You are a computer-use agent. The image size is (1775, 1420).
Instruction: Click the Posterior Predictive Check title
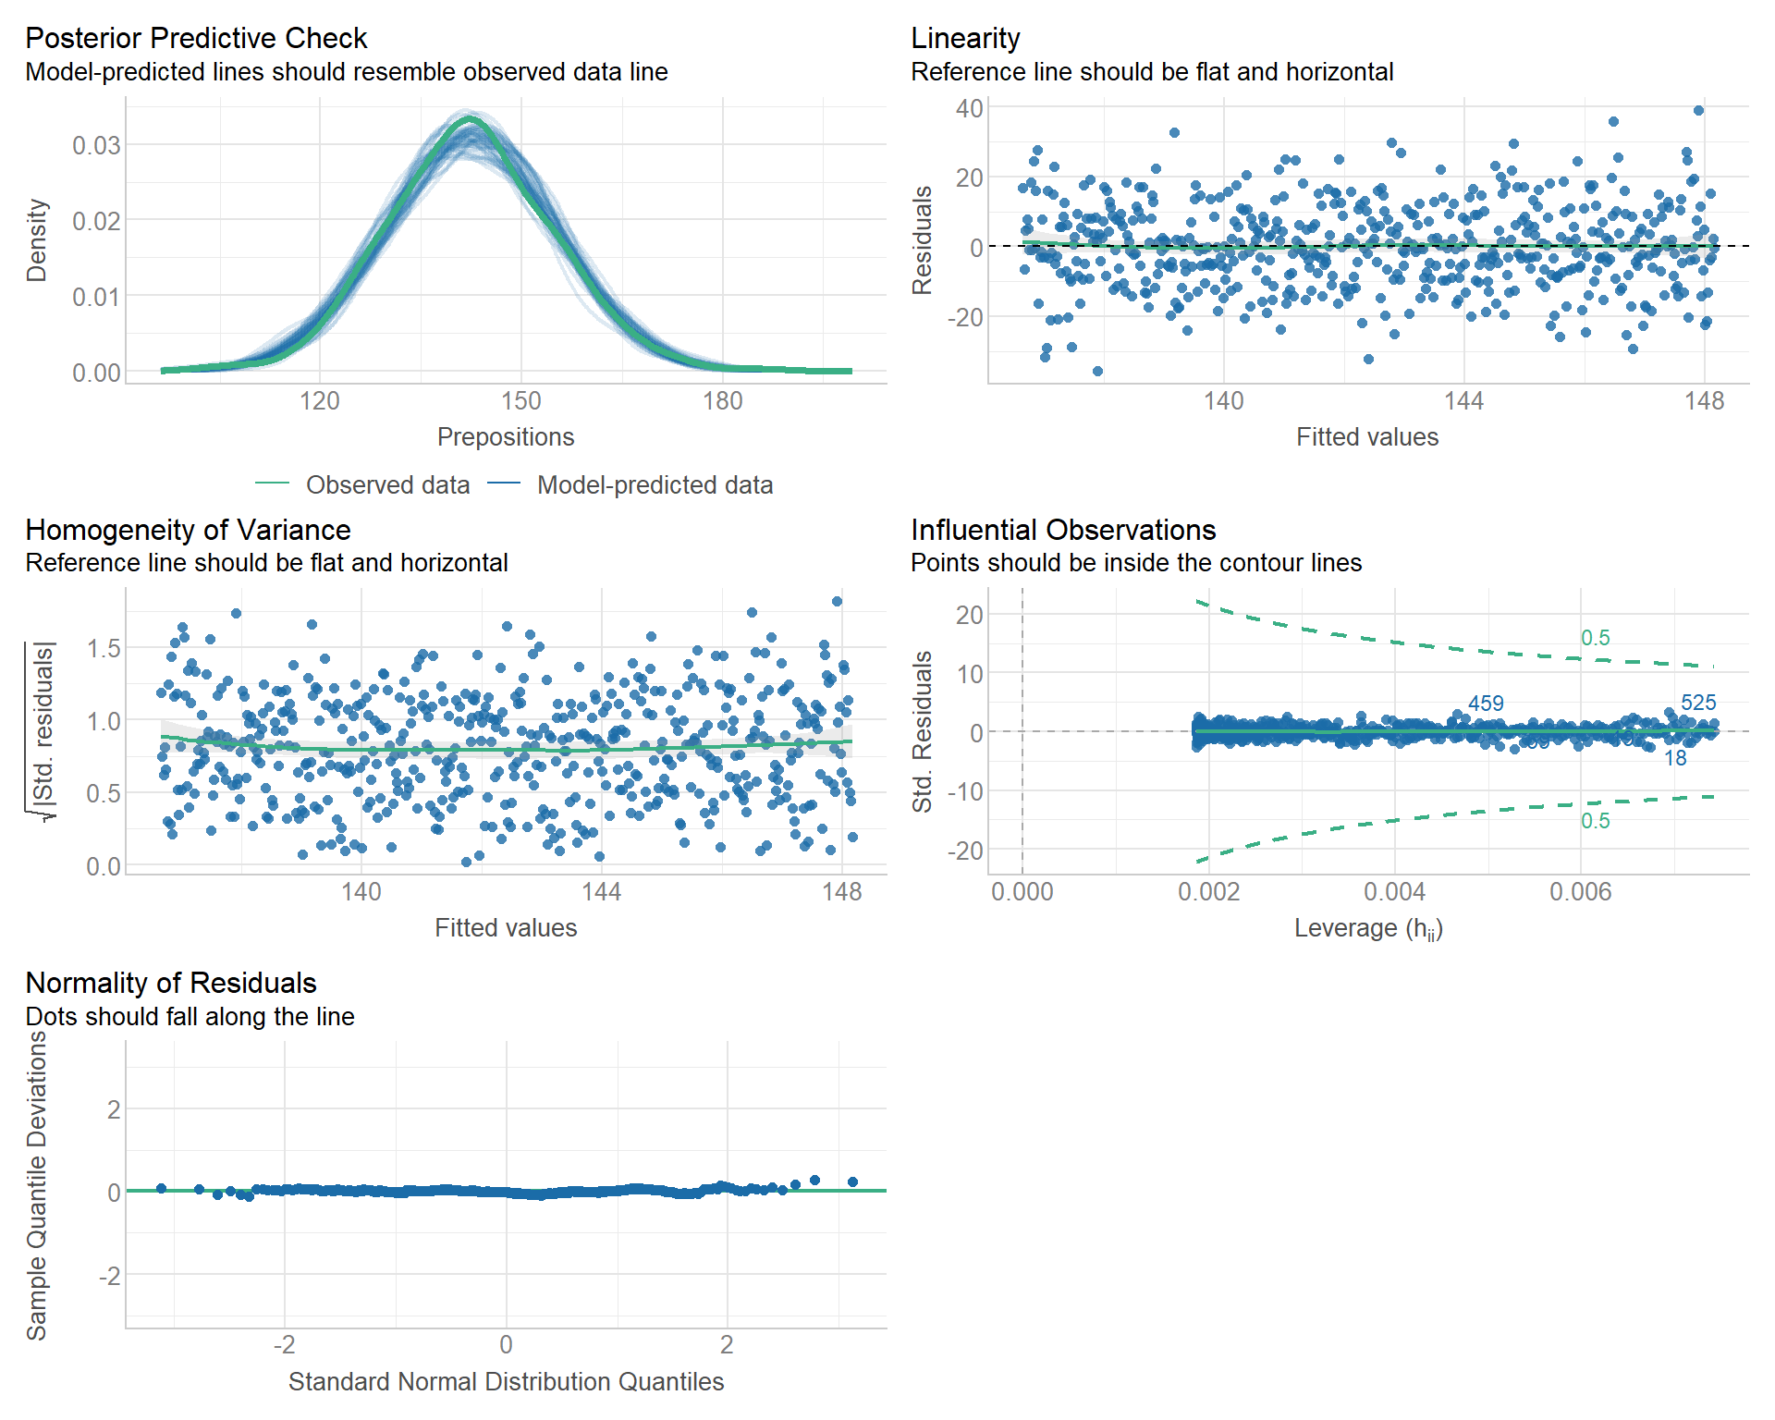[x=196, y=38]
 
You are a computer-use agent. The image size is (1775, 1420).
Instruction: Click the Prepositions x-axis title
[x=506, y=436]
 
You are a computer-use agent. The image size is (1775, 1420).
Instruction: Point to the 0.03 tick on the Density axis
[x=96, y=145]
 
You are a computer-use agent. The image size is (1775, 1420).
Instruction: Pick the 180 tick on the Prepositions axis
[x=722, y=401]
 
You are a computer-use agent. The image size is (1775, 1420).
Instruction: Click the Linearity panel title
[x=965, y=38]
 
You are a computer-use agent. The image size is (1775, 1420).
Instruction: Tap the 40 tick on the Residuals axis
[x=969, y=108]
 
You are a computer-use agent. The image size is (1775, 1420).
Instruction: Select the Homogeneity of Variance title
[x=188, y=530]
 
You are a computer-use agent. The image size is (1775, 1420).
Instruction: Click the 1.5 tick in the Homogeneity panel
[x=104, y=648]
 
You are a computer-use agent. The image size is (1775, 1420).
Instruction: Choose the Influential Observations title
[x=1063, y=530]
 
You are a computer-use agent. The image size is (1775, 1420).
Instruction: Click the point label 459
[x=1486, y=704]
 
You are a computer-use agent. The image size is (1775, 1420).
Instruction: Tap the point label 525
[x=1698, y=703]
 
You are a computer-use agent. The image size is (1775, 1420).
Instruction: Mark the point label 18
[x=1675, y=759]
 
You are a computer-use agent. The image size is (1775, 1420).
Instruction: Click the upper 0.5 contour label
[x=1595, y=638]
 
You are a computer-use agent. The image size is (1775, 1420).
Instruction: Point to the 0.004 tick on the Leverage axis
[x=1394, y=892]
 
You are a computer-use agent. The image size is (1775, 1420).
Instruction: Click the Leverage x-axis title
[x=1368, y=928]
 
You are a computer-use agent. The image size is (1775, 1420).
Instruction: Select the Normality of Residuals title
[x=171, y=983]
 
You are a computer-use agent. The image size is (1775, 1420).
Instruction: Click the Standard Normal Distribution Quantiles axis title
[x=506, y=1381]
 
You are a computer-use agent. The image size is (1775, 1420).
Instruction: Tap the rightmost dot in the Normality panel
[x=852, y=1181]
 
